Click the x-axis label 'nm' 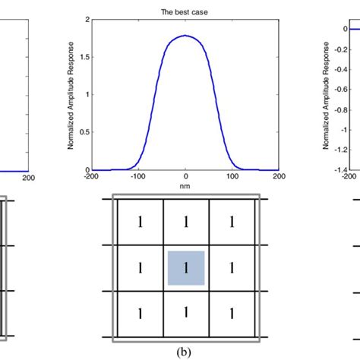(x=185, y=185)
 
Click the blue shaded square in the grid (x=186, y=268)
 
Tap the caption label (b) (x=186, y=352)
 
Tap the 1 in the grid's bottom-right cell (x=232, y=314)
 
